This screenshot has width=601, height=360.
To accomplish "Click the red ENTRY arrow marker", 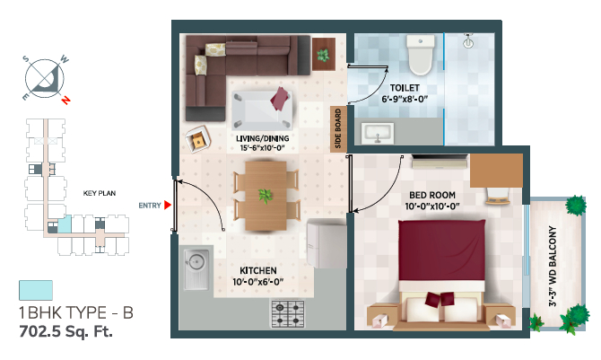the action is click(167, 206).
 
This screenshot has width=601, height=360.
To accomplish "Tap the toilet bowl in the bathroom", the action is click(421, 55).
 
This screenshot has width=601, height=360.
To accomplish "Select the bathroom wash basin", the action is click(377, 133).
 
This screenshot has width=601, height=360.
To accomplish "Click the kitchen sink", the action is click(196, 269).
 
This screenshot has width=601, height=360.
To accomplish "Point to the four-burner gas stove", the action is click(288, 313).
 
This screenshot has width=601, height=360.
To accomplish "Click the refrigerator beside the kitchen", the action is click(327, 243).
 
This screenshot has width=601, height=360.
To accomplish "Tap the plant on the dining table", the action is click(265, 196).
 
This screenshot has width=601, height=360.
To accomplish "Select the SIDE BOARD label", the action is click(338, 128).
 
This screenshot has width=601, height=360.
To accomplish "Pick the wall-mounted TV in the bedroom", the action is click(440, 162).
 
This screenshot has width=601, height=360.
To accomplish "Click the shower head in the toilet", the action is click(468, 40).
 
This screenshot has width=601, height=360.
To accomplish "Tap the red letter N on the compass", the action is click(65, 101).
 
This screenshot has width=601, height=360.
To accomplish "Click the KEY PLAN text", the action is click(100, 193).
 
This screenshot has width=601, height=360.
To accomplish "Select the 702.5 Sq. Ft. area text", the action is click(65, 331).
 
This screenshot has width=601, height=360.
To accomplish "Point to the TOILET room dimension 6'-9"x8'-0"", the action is click(405, 99).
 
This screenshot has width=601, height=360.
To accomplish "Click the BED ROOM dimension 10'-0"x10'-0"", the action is click(432, 206).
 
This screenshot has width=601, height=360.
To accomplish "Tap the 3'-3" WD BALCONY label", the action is click(553, 266).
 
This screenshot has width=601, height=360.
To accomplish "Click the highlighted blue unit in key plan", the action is click(65, 224).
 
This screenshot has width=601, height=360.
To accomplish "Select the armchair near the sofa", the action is click(197, 139).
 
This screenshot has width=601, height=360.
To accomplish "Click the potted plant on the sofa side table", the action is click(323, 56).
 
